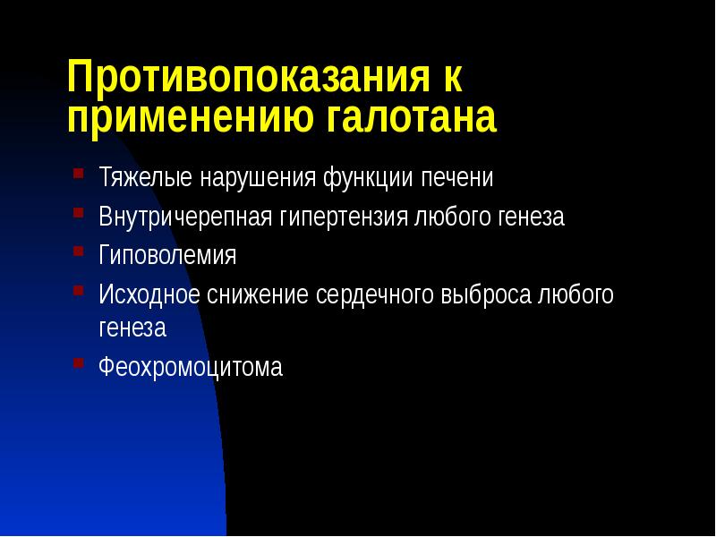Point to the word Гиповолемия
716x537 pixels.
(x=167, y=256)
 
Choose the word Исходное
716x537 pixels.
(x=149, y=295)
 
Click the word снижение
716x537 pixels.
(x=258, y=295)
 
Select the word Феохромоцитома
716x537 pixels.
(x=191, y=367)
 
